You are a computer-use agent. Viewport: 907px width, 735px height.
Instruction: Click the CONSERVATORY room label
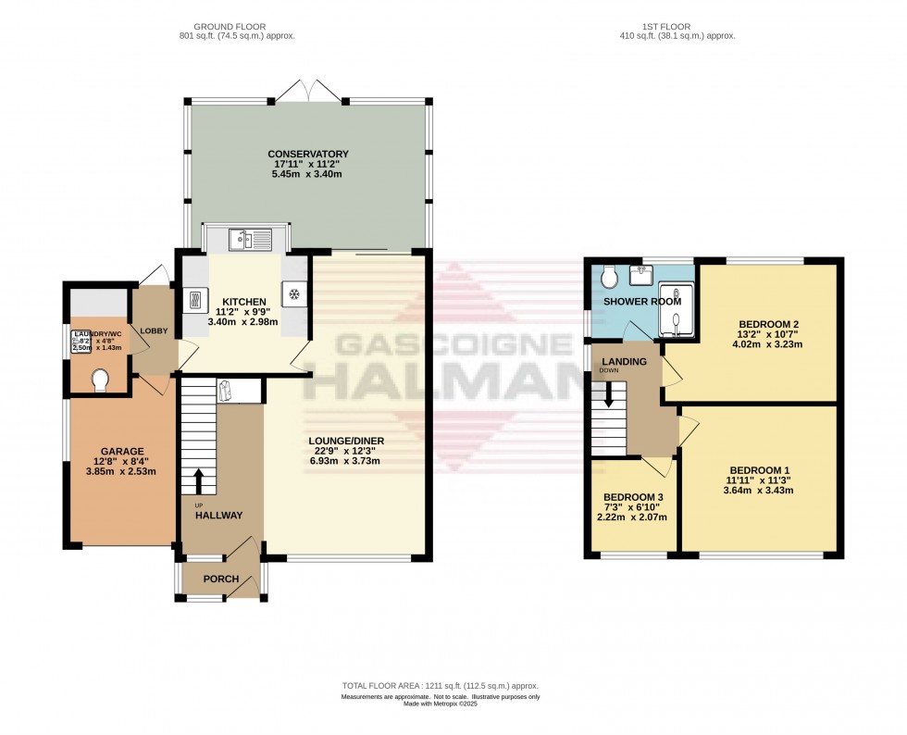307,154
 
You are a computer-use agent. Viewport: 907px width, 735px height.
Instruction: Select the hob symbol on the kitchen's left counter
197,300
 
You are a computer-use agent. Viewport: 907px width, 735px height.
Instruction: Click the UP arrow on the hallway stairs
200,480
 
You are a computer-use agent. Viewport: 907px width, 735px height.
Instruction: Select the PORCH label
221,579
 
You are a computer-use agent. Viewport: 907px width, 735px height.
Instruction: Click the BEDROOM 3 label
633,497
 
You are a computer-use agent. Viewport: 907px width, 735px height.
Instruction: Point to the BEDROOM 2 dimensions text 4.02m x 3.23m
767,344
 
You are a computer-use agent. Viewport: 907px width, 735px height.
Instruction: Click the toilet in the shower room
608,275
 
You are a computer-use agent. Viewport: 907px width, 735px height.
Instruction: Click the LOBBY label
153,330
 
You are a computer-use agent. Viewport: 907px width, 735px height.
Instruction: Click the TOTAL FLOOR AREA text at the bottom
440,686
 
